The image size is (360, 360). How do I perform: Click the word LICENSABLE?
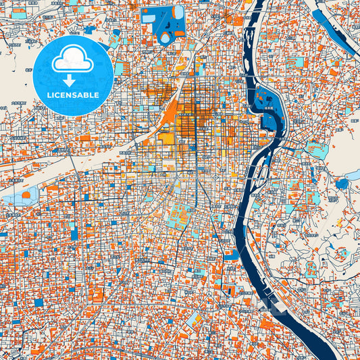point(72,95)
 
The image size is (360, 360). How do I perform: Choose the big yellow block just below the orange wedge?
point(165,138)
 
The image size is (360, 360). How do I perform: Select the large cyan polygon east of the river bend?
point(316,149)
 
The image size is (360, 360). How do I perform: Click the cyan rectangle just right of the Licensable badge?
point(119,68)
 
